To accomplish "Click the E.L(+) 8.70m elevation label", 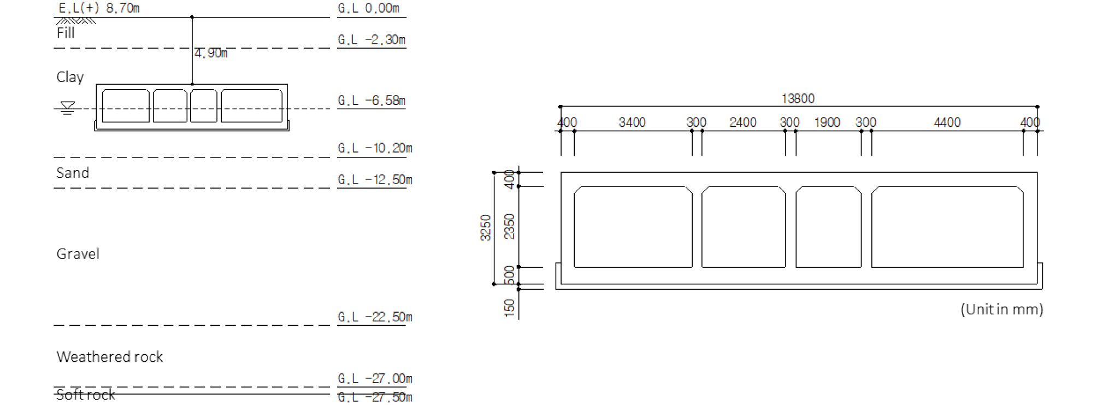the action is [x=99, y=8].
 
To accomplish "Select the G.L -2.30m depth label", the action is [x=371, y=40].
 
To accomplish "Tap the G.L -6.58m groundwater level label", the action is [x=371, y=101].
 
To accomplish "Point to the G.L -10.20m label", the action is [x=375, y=148].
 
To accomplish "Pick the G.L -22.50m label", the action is [x=375, y=317].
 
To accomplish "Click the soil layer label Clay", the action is [x=70, y=77].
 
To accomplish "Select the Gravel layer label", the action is [x=78, y=254].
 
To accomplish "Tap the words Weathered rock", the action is [x=109, y=357].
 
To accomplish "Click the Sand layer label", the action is [x=73, y=173].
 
